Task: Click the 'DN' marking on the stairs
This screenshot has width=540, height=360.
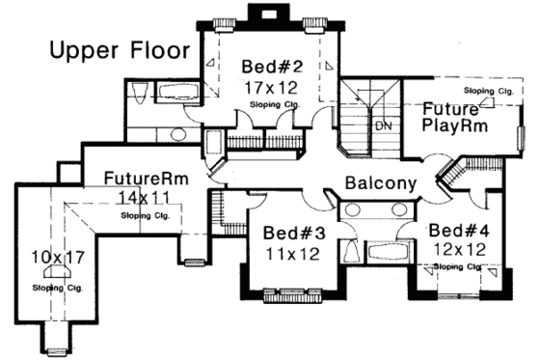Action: (x=383, y=125)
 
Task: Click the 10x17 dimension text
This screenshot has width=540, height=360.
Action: (x=59, y=259)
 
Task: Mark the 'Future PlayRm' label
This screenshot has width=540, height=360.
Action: (x=454, y=117)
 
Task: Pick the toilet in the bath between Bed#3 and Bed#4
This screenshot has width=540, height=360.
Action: (x=351, y=252)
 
